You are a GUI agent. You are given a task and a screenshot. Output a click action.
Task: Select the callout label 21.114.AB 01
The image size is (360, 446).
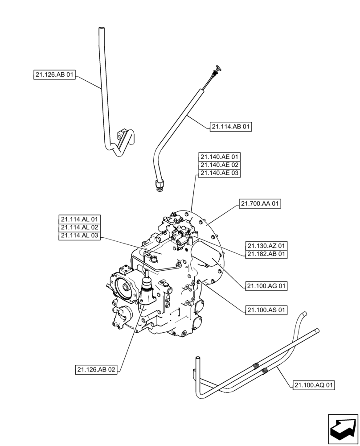click(230, 127)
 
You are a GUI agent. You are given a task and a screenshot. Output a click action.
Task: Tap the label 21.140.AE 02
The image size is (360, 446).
click(220, 165)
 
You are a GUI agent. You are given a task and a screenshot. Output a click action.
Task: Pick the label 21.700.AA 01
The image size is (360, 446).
click(261, 204)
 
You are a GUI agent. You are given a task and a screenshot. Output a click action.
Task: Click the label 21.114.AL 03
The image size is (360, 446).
click(80, 236)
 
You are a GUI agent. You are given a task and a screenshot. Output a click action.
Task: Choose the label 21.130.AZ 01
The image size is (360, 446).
click(266, 246)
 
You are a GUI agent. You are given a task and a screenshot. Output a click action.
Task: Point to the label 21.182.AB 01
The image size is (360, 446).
click(266, 254)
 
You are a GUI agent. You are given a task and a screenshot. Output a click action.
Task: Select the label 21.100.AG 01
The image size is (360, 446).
click(266, 286)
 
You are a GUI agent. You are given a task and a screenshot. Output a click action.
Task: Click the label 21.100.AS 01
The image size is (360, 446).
click(266, 310)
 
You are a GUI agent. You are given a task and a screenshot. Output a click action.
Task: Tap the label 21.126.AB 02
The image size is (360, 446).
click(96, 370)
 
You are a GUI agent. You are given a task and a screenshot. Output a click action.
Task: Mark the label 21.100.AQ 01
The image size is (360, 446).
click(314, 385)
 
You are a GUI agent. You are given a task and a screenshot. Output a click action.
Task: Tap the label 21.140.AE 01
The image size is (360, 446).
click(220, 157)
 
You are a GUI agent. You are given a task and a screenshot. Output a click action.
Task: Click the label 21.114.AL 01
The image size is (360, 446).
click(80, 219)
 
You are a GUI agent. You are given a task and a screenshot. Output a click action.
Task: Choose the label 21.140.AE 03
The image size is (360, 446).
click(220, 173)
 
